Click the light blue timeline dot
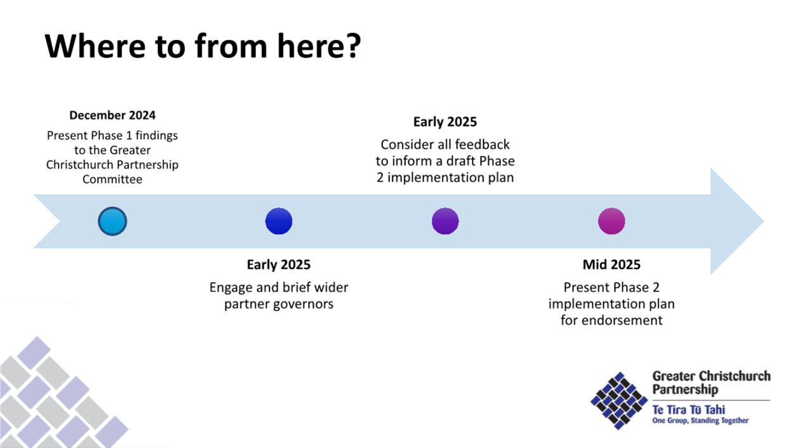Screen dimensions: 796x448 tap(112, 221)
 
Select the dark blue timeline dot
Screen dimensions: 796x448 tap(278, 221)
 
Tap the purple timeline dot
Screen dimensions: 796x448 tap(445, 221)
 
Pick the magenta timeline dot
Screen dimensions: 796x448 tap(611, 221)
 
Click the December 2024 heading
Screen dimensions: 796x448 tap(112, 115)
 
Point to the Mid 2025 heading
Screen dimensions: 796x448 tap(611, 265)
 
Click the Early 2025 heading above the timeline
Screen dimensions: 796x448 tap(445, 122)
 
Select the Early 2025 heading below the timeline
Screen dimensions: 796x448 tap(278, 265)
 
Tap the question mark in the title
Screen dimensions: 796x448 tap(353, 46)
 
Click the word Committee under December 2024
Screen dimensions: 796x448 tap(112, 179)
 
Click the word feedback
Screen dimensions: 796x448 tap(482, 144)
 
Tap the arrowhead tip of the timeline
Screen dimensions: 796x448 tap(763, 221)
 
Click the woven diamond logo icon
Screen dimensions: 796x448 tap(619, 400)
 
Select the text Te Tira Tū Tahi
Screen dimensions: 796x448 tap(688, 410)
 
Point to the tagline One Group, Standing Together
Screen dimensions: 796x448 tap(700, 421)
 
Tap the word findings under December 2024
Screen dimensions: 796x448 tap(157, 135)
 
